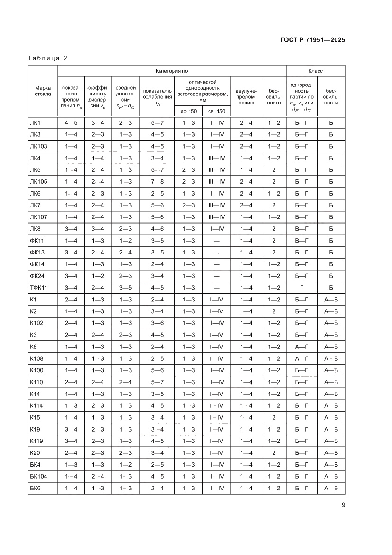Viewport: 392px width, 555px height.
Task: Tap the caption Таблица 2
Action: (x=48, y=58)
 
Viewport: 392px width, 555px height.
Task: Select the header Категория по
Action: (x=172, y=71)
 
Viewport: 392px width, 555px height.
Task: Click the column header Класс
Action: (x=315, y=71)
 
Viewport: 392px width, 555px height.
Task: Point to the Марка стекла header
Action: (x=43, y=91)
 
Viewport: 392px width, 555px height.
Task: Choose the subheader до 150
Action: (x=189, y=111)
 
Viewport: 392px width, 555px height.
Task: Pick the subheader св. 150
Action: (x=217, y=111)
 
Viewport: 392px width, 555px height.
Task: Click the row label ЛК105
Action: (x=39, y=181)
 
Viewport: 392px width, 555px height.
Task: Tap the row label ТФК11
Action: (x=38, y=288)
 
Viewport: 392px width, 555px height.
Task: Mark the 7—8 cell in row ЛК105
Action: (x=157, y=181)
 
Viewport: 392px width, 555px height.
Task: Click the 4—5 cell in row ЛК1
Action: (x=71, y=123)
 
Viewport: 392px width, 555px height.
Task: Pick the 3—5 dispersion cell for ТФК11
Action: (x=126, y=288)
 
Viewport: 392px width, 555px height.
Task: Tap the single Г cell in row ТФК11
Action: (x=301, y=288)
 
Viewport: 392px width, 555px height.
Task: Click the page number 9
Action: (x=343, y=505)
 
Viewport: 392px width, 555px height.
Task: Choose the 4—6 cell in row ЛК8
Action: (x=157, y=229)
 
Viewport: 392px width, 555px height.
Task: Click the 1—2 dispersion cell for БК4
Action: (x=126, y=465)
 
